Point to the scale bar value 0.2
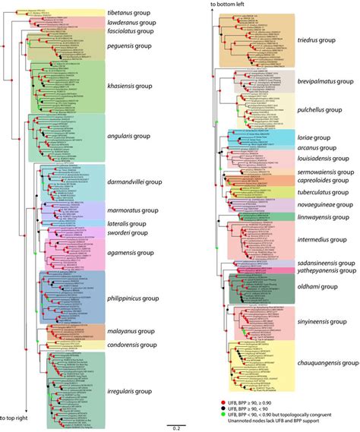[x=175, y=424]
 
